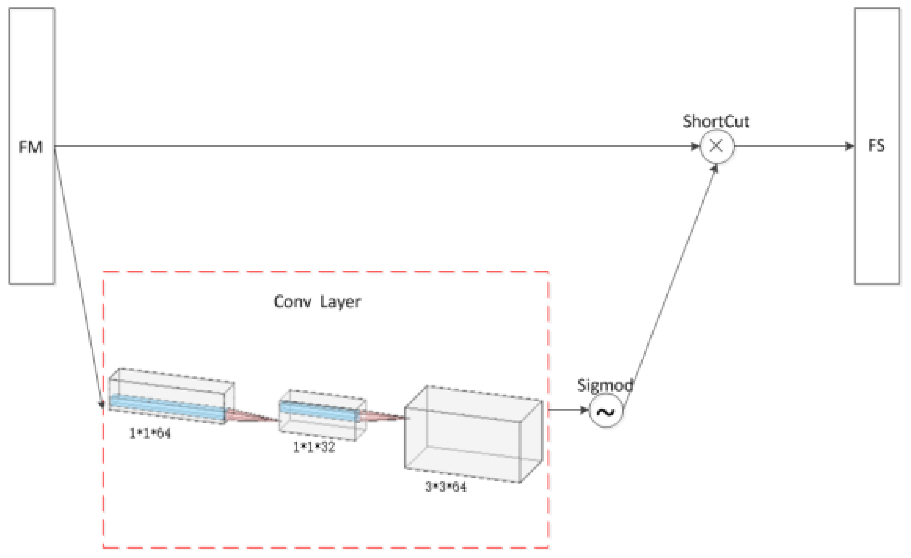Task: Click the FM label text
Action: (31, 147)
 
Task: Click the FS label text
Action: (876, 145)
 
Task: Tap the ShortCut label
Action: (716, 121)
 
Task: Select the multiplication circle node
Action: (716, 146)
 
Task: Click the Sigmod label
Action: (605, 385)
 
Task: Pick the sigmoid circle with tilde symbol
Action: (606, 411)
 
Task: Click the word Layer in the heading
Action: (340, 302)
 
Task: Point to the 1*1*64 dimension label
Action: (150, 433)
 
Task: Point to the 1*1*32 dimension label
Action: (314, 447)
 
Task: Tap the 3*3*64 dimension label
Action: (446, 487)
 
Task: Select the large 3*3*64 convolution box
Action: (473, 436)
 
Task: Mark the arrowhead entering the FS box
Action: (850, 146)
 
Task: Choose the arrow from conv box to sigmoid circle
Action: (567, 410)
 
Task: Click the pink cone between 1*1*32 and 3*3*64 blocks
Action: (381, 417)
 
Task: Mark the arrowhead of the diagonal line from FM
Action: (102, 405)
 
